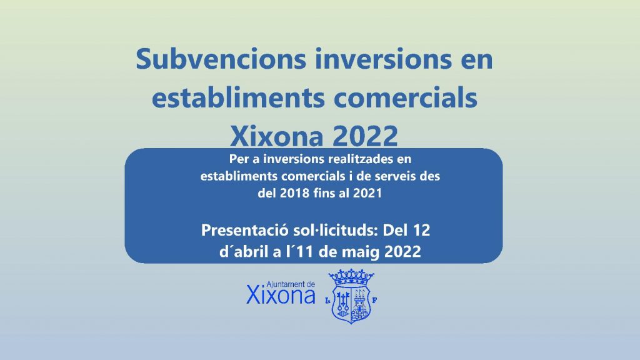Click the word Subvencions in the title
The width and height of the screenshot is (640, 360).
point(221,59)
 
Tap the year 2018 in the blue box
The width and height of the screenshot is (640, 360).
point(294,193)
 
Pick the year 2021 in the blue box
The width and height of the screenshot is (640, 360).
point(367,193)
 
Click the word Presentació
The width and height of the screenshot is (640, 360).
point(245,230)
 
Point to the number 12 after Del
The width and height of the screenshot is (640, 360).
point(421,230)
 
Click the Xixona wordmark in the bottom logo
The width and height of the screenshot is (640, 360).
point(281,296)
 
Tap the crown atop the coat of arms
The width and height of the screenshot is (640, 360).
point(351,277)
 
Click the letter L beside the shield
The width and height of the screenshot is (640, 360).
point(327,301)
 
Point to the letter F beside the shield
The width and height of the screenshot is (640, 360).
point(374,301)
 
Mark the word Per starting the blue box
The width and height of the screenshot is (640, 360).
point(239,159)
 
